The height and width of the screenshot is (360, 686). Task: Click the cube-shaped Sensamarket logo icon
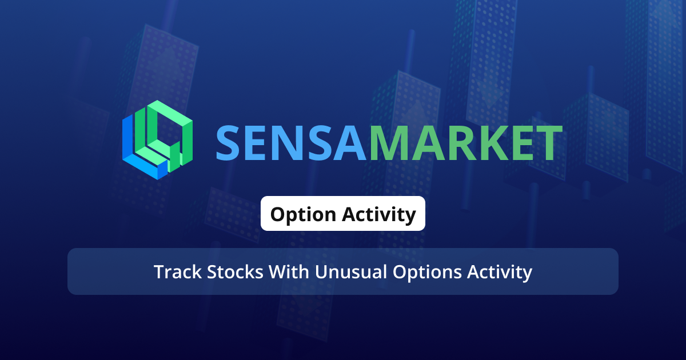pos(157,140)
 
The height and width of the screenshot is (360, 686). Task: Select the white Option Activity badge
pos(343,214)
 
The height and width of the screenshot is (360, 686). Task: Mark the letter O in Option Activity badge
pos(278,214)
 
